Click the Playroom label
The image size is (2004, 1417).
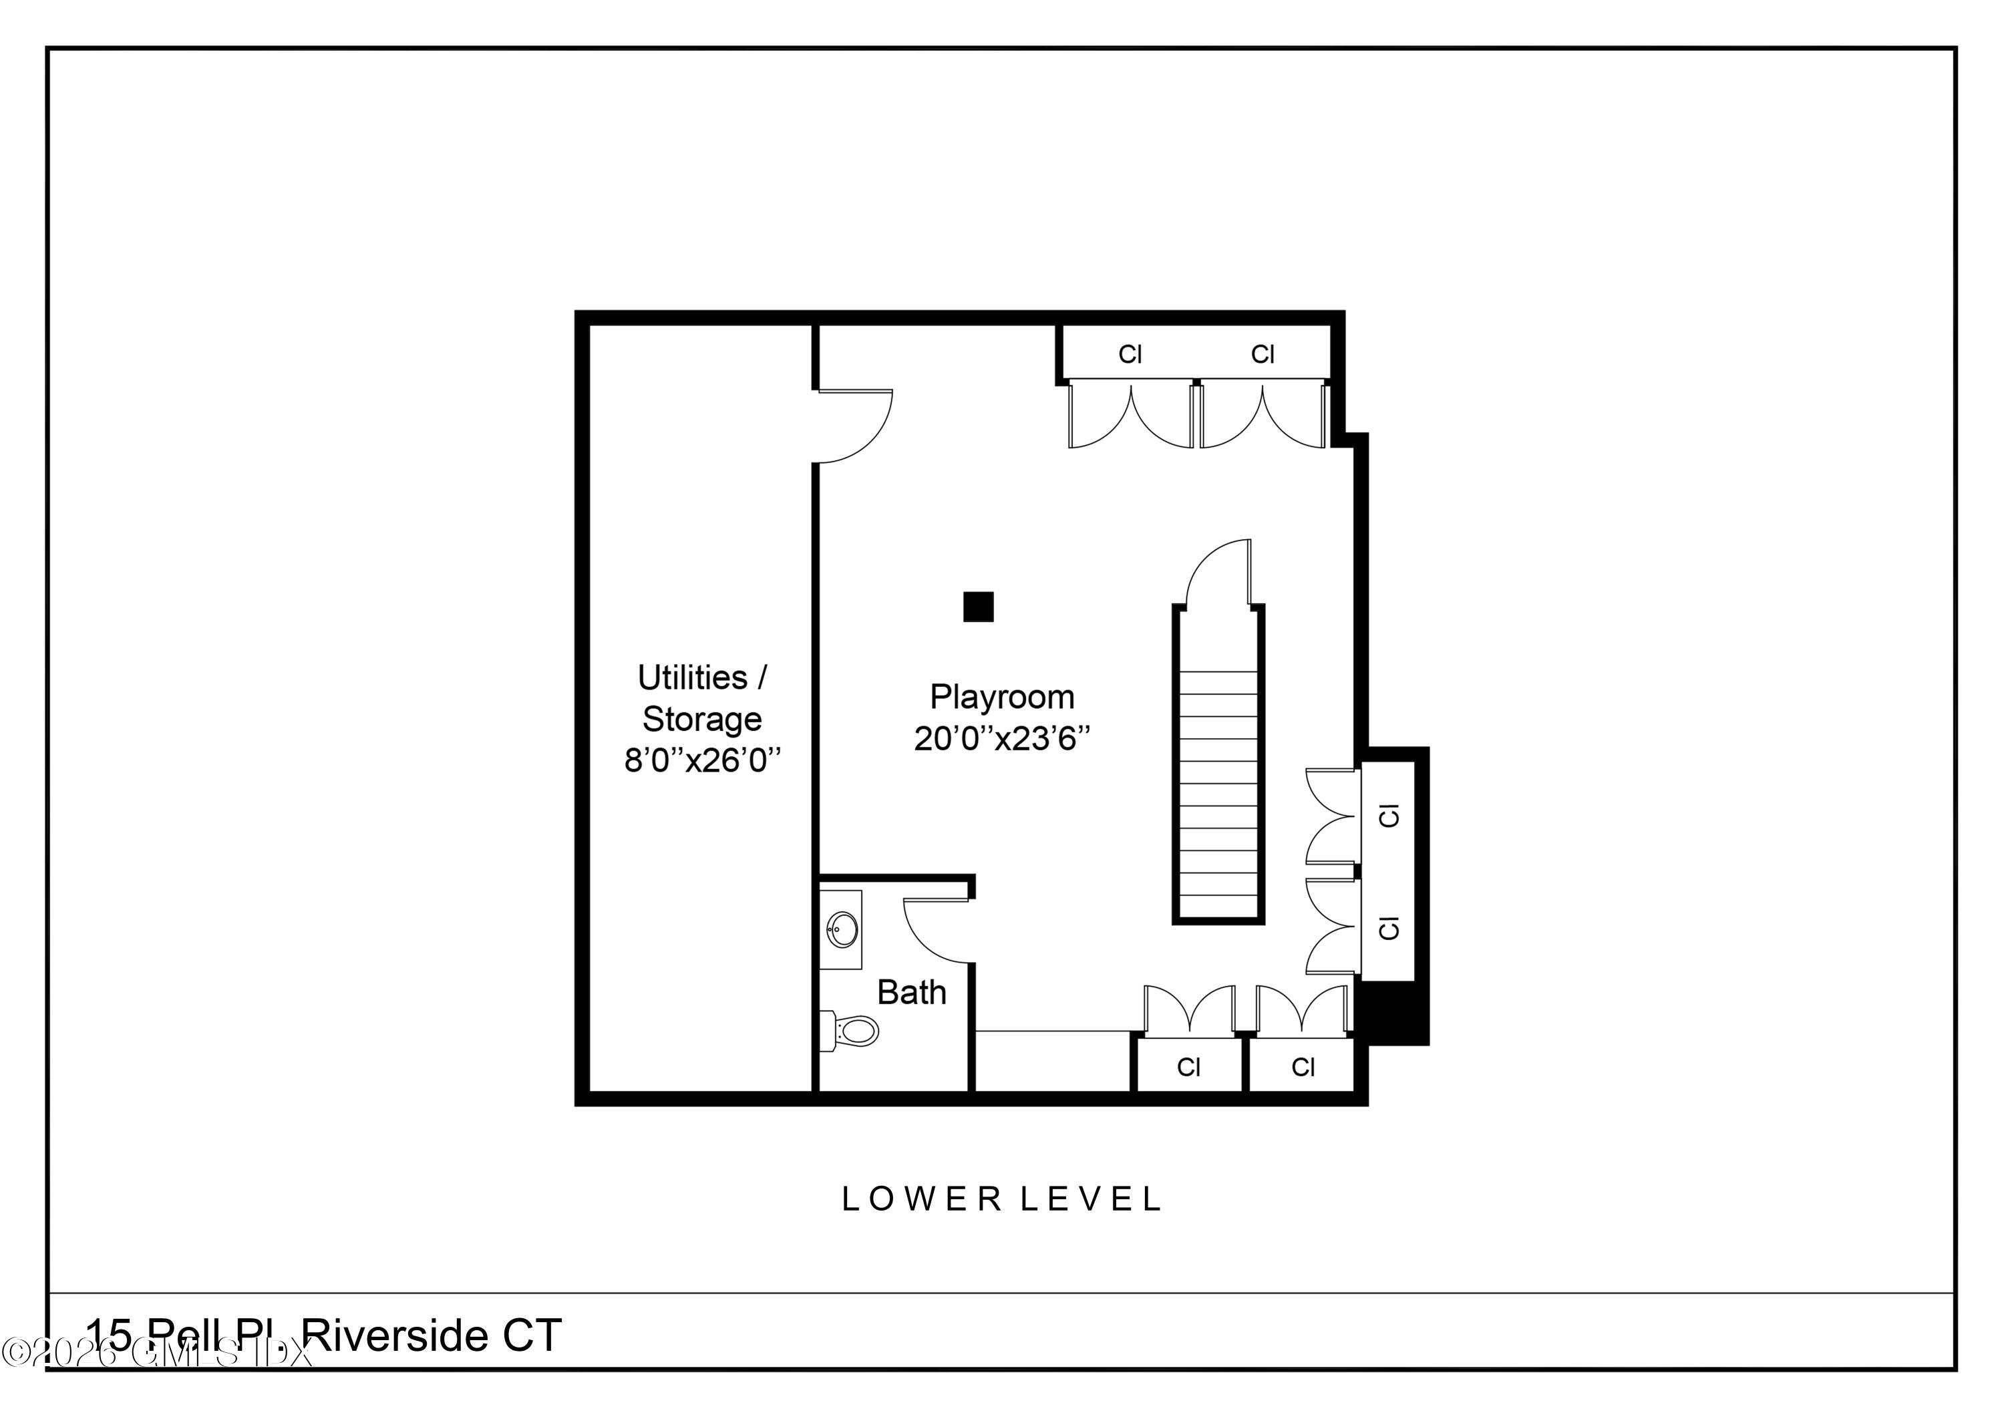pyautogui.click(x=1001, y=697)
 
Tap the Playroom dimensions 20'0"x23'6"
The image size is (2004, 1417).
pyautogui.click(x=1002, y=740)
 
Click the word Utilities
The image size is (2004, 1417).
pyautogui.click(x=692, y=677)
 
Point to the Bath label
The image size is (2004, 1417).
pyautogui.click(x=911, y=993)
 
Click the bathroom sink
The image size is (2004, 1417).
pyautogui.click(x=842, y=929)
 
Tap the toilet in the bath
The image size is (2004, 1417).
pyautogui.click(x=851, y=1031)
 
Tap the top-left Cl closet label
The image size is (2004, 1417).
pyautogui.click(x=1130, y=355)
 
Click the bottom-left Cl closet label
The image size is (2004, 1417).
pyautogui.click(x=1189, y=1067)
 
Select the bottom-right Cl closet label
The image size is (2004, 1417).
pyautogui.click(x=1303, y=1067)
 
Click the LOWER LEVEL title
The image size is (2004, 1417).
pyautogui.click(x=1001, y=1200)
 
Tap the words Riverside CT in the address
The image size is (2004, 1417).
pyautogui.click(x=434, y=1337)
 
